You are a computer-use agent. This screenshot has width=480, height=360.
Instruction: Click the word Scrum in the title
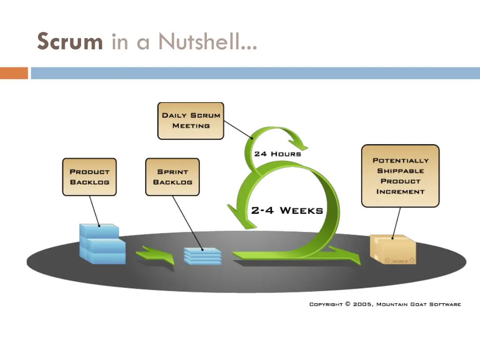70,41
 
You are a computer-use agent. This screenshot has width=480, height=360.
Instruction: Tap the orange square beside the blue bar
14,73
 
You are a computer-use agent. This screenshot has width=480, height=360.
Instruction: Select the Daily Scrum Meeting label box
191,121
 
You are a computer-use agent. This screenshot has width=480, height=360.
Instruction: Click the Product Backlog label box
89,177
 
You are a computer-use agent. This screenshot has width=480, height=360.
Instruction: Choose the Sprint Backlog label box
172,177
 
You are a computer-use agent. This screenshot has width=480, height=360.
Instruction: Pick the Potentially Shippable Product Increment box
400,176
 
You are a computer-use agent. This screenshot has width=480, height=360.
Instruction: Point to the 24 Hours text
277,153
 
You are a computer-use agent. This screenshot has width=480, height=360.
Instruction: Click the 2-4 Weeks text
287,210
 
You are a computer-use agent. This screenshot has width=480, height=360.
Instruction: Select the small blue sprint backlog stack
202,256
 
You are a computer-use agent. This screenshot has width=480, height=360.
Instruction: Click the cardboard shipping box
393,249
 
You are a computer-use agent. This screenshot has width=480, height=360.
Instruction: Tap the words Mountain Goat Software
419,304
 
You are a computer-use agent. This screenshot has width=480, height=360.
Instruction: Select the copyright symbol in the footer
347,304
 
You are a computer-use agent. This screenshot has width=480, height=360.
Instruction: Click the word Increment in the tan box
400,191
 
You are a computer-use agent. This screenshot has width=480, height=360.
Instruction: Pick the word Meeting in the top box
191,126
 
